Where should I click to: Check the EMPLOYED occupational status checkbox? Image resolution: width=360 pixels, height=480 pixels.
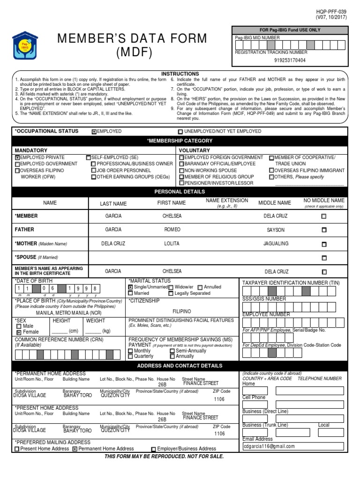click(x=94, y=132)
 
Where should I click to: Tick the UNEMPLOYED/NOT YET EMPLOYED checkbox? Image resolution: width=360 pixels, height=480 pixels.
click(x=180, y=132)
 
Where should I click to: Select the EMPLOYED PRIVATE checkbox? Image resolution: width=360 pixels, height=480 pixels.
click(x=18, y=157)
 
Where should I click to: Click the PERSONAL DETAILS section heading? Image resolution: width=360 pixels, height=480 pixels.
click(x=180, y=192)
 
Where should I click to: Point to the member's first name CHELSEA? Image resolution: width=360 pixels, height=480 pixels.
click(x=172, y=216)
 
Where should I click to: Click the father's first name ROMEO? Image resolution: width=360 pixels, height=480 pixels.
click(x=172, y=230)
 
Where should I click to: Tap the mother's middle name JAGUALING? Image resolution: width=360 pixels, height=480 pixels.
click(x=276, y=244)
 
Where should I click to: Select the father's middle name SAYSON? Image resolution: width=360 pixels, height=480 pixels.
click(x=276, y=230)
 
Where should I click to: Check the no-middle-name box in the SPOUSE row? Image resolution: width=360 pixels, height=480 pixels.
click(x=324, y=258)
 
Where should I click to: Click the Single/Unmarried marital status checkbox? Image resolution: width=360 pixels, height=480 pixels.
click(x=131, y=287)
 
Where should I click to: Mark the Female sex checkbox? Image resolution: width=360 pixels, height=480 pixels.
click(x=19, y=332)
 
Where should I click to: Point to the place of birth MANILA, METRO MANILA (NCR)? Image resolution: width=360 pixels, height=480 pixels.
click(x=69, y=312)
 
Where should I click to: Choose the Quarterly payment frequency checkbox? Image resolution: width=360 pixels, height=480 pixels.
click(x=131, y=356)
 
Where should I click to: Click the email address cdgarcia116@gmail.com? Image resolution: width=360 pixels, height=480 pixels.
click(x=270, y=446)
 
